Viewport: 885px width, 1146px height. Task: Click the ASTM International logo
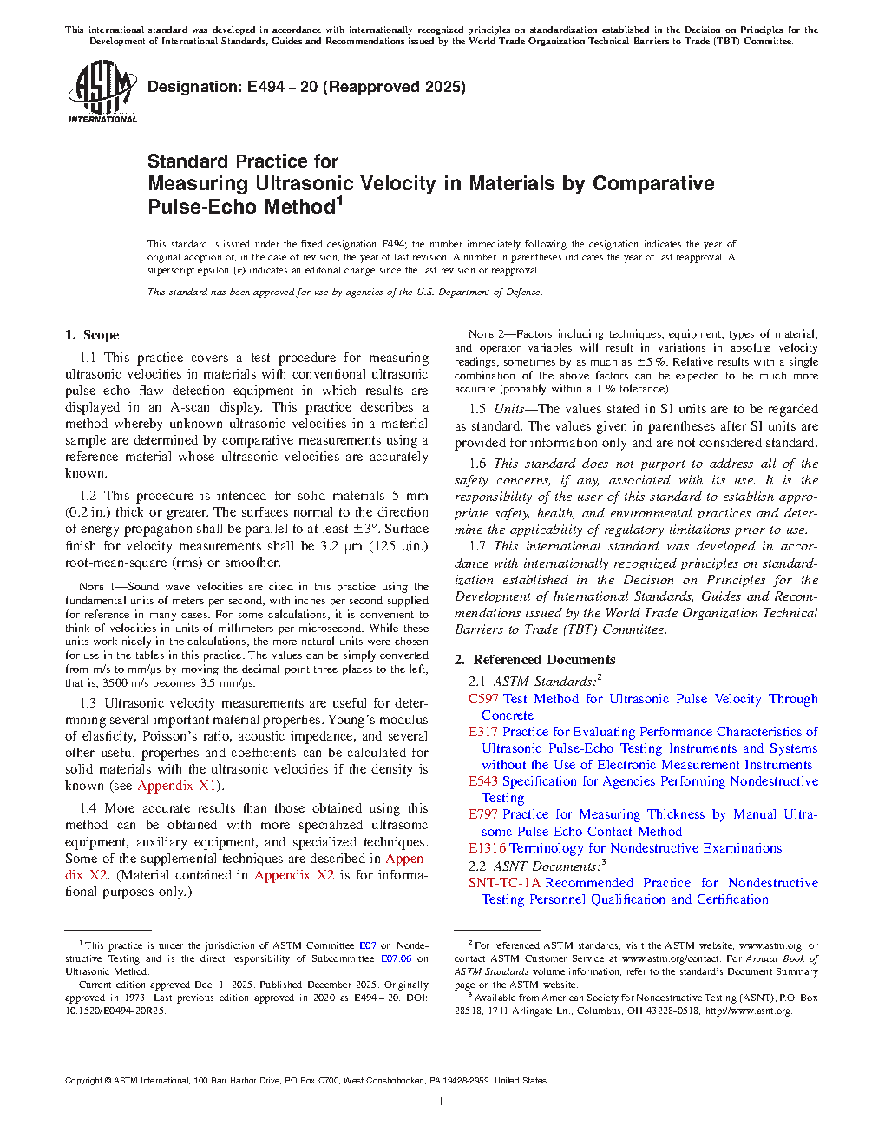102,91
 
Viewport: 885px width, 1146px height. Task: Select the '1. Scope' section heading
92,335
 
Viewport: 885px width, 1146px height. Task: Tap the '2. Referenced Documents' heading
534,660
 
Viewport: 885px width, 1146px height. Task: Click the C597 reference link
483,699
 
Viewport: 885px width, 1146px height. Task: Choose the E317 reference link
483,732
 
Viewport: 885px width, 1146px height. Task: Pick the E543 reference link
483,781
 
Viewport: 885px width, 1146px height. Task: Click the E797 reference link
483,814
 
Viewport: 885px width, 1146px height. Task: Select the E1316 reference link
487,848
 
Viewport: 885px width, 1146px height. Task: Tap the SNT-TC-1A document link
504,883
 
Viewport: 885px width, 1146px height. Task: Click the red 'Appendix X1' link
177,786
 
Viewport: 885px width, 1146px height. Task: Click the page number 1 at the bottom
442,1102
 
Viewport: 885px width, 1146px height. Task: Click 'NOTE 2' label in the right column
481,334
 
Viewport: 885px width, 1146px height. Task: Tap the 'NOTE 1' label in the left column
91,587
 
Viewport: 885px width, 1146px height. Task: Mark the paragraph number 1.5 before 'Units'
477,409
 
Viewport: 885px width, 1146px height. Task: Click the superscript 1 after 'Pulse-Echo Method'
340,201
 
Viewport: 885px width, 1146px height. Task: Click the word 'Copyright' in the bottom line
83,1081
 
